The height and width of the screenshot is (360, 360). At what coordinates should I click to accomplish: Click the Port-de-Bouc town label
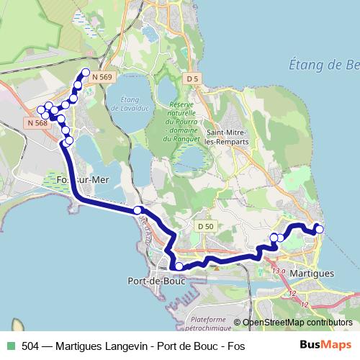(x=156, y=281)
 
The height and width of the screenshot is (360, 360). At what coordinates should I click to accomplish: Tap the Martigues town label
(x=312, y=274)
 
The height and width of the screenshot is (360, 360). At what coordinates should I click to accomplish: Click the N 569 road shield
(x=102, y=78)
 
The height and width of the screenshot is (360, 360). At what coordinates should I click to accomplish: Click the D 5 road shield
(x=192, y=78)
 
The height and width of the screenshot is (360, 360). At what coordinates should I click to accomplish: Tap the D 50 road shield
(x=205, y=227)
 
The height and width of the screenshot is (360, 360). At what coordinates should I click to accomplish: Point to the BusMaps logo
(x=326, y=346)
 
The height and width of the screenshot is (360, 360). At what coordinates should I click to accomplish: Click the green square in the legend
(x=9, y=346)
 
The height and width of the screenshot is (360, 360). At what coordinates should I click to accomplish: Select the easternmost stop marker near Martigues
(x=320, y=230)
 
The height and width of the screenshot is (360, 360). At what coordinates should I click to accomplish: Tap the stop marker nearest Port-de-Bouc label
(x=179, y=267)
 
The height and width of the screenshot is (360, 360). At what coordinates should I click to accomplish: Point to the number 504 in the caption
(x=31, y=346)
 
